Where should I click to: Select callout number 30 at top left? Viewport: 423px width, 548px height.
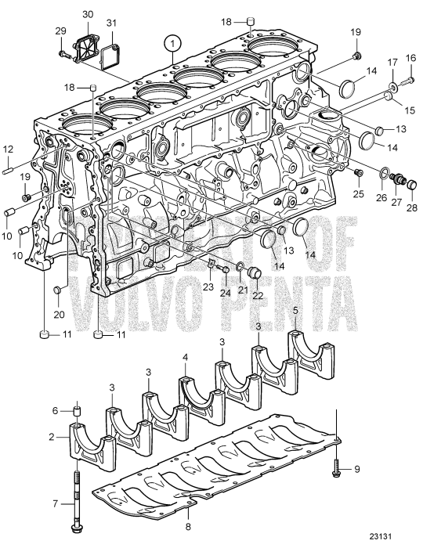(87, 15)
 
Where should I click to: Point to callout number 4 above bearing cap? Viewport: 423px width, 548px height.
(185, 357)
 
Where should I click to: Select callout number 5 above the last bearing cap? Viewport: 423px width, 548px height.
(296, 311)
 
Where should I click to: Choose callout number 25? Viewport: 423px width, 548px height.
(358, 193)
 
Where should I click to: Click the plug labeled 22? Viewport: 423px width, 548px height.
(254, 272)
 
